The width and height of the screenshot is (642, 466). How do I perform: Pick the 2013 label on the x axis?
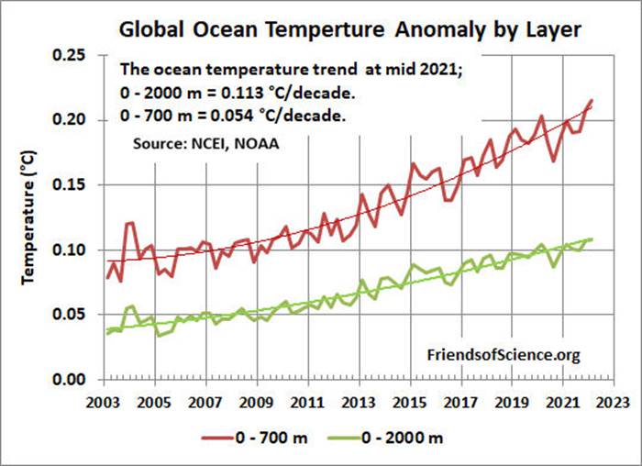tap(360, 401)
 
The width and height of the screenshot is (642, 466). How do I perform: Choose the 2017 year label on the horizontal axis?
tap(463, 401)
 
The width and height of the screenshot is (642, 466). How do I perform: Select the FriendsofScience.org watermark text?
tap(504, 354)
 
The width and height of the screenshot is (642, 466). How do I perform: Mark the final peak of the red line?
tap(591, 100)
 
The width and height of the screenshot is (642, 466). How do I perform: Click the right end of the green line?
tap(591, 239)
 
